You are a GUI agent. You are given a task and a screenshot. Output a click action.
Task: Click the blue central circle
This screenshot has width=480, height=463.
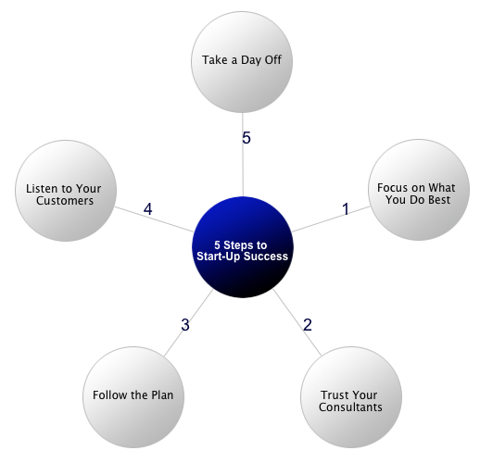(x=242, y=247)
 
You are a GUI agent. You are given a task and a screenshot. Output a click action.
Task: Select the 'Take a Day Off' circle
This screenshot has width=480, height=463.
(x=242, y=62)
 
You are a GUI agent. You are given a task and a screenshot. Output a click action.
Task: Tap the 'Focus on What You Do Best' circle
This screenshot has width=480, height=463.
(x=419, y=190)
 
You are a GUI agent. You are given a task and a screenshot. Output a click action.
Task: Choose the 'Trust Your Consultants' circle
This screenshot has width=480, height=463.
(x=351, y=397)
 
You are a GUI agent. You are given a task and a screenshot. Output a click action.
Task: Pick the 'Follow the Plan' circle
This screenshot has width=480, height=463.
(x=133, y=397)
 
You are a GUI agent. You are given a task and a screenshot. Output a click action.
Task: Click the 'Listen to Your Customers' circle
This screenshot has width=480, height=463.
(x=66, y=191)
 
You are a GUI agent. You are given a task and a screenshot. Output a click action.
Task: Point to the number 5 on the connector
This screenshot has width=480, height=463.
(x=246, y=138)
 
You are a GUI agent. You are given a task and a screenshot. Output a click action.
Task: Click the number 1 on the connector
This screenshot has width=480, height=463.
(x=346, y=209)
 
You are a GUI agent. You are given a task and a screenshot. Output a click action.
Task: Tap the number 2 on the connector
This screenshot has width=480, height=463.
(x=308, y=325)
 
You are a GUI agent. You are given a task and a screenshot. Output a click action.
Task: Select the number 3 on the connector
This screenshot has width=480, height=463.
(x=185, y=325)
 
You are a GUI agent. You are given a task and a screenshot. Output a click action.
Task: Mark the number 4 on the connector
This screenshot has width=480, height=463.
(x=147, y=209)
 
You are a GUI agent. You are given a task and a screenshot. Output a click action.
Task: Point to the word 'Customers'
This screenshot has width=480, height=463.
(x=65, y=201)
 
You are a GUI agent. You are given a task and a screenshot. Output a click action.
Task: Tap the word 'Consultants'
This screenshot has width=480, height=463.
(x=350, y=407)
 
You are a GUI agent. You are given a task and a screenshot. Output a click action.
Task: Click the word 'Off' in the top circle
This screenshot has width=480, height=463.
(x=273, y=60)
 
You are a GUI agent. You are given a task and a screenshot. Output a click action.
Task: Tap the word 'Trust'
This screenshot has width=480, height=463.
(x=333, y=395)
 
